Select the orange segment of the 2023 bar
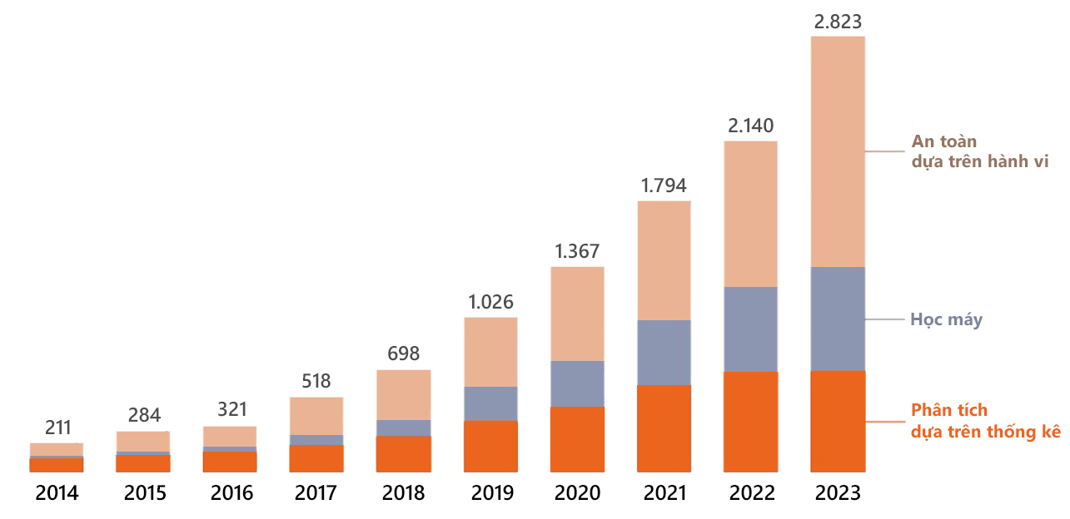pos(838,422)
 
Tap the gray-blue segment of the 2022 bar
pos(750,329)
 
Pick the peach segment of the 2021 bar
pos(664,260)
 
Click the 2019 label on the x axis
pos(491,493)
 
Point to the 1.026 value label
pos(490,302)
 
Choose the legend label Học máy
pos(946,319)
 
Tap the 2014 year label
pos(57,493)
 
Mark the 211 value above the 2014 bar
pos(57,428)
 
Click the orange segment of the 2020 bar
pos(577,439)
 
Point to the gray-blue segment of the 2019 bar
pos(490,404)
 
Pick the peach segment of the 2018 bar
pos(404,395)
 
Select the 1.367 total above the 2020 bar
pos(577,251)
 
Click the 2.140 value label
pos(750,126)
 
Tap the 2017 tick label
pos(316,493)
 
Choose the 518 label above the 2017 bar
pos(316,382)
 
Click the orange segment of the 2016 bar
pos(230,462)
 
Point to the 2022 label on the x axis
pos(751,493)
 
